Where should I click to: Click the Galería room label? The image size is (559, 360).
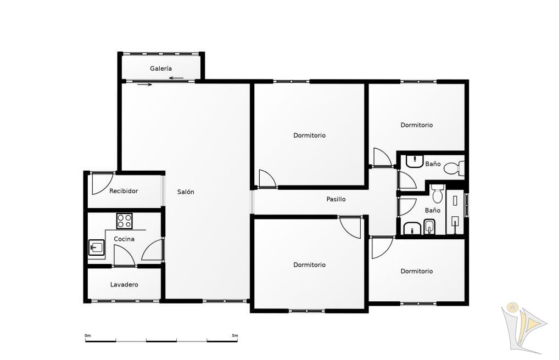(x=161, y=69)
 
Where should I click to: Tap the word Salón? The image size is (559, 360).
(x=186, y=192)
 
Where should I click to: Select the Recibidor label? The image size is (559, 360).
(x=124, y=191)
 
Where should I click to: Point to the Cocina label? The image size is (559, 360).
(x=124, y=239)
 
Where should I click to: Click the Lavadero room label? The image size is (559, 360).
(x=124, y=284)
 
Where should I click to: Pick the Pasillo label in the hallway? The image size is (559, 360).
(x=336, y=199)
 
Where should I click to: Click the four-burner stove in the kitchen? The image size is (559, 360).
(x=125, y=221)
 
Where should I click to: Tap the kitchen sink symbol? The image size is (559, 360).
(x=96, y=248)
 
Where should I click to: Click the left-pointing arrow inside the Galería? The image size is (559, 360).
(x=176, y=78)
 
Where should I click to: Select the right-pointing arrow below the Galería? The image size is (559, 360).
(x=145, y=85)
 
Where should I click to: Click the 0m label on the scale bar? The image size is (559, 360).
(x=88, y=335)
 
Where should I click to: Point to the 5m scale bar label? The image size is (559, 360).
(x=234, y=335)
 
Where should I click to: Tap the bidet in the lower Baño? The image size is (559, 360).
(x=429, y=227)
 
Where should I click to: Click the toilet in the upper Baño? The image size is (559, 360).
(x=455, y=168)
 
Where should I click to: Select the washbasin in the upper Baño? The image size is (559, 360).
(x=414, y=161)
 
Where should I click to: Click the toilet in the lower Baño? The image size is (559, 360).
(x=438, y=194)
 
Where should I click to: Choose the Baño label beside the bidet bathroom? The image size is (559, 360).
(x=433, y=210)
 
